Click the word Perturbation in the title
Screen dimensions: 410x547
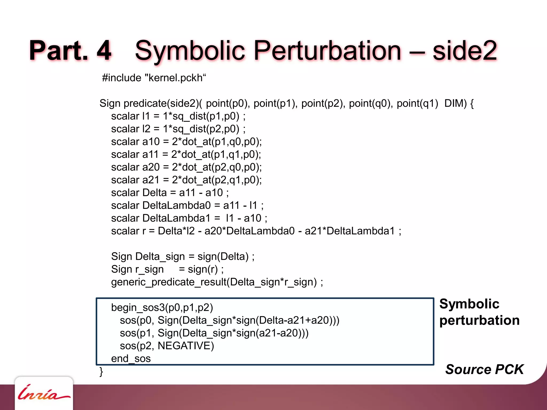[x=327, y=51]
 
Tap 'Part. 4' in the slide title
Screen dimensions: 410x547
[x=70, y=51]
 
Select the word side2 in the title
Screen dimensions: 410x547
[x=465, y=51]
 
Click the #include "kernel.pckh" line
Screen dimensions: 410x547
[x=154, y=78]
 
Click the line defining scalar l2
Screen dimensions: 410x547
[x=178, y=129]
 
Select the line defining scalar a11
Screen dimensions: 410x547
[x=186, y=155]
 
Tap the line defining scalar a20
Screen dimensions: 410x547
[x=186, y=167]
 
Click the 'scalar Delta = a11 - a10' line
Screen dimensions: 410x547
[x=170, y=193]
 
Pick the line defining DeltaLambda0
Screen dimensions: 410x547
[x=187, y=206]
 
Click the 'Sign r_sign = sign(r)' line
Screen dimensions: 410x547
[x=167, y=269]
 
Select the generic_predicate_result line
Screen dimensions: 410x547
[x=217, y=282]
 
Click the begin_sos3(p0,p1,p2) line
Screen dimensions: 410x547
[x=162, y=308]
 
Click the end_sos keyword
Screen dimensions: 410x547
[x=131, y=358]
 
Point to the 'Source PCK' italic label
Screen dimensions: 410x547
[x=484, y=369]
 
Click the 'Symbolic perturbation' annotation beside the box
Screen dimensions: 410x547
[x=479, y=312]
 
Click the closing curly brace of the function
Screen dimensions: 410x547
[x=101, y=371]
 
